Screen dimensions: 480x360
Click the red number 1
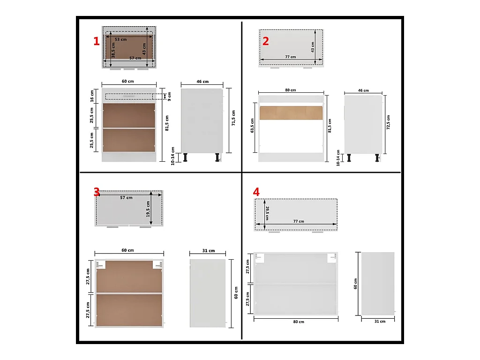97,41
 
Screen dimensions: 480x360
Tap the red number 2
266,41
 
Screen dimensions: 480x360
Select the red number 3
97,192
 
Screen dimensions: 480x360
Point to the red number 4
256,192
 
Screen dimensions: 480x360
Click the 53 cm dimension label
120,39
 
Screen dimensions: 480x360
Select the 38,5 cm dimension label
113,50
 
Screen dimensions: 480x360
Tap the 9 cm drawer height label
169,97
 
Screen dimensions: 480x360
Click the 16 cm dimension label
92,96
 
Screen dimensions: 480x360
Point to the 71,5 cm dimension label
233,118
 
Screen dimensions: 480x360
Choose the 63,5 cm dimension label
252,126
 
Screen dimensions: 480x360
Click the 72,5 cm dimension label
388,122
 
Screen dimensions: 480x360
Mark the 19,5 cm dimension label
148,209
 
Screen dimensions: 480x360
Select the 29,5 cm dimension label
267,213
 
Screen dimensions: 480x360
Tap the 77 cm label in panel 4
299,221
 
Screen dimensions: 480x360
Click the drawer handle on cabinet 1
128,96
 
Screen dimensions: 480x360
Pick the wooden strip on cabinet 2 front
291,112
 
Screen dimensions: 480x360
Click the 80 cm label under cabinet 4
299,322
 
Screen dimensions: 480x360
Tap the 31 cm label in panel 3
209,251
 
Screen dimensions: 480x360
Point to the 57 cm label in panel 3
126,198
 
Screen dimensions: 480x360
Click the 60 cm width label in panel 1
127,82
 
